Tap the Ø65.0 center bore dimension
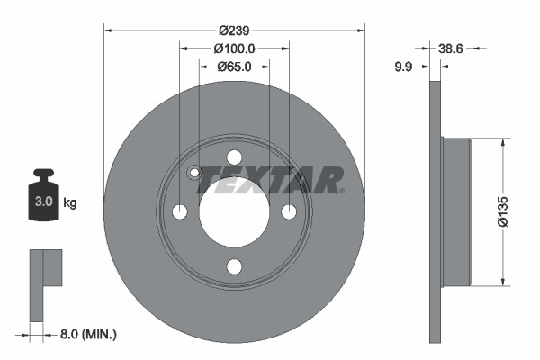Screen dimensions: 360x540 (x=234, y=67)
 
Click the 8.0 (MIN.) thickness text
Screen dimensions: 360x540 (x=87, y=334)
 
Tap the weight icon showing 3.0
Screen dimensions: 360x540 (x=43, y=192)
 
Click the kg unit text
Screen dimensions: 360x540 (x=70, y=202)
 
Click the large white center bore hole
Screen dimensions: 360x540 (x=234, y=211)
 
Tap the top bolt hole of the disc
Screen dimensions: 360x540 (x=234, y=157)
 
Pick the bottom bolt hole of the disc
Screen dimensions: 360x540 (x=234, y=266)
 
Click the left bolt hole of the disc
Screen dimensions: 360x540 (x=180, y=211)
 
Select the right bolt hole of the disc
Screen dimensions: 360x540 (x=289, y=211)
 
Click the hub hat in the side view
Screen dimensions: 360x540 (x=457, y=212)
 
